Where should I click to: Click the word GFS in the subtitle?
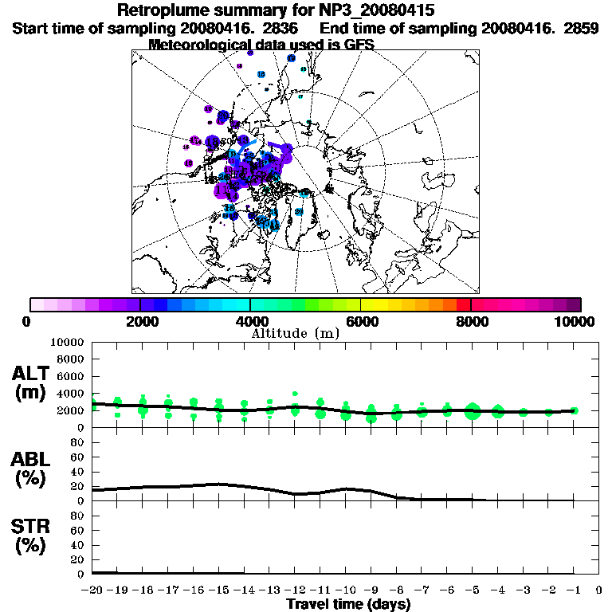(x=359, y=44)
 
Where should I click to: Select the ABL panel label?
(x=33, y=469)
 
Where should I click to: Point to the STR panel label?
(x=33, y=535)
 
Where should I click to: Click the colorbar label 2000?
(x=139, y=321)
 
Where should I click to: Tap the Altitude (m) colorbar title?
(x=295, y=333)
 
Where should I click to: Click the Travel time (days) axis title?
(x=348, y=604)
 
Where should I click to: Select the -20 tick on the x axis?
(x=92, y=590)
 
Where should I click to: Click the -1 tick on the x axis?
(x=574, y=590)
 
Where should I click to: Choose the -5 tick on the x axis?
(x=473, y=590)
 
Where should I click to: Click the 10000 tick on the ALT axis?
(x=68, y=342)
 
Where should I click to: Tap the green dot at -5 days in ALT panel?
(x=473, y=411)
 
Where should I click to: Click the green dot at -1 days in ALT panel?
(x=574, y=410)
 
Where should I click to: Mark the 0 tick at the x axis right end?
(x=599, y=590)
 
